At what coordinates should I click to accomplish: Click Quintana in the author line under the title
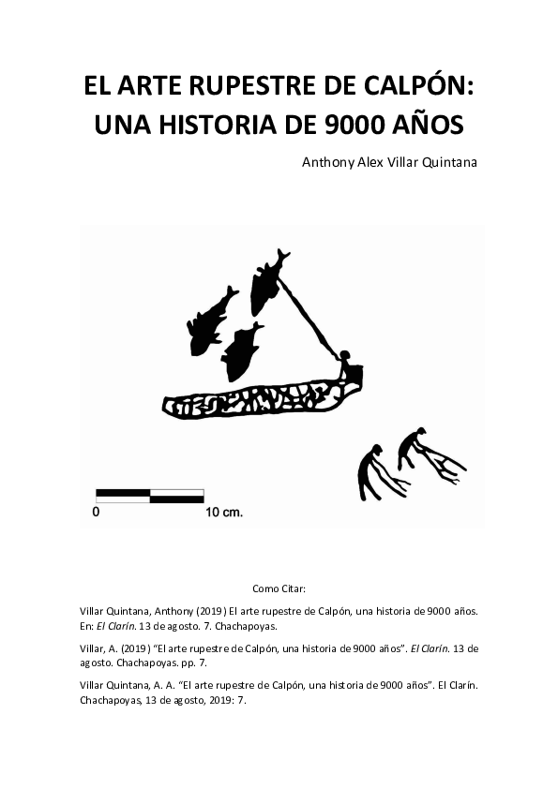[447, 162]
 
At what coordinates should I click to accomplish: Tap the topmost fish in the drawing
[266, 280]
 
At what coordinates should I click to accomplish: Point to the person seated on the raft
[348, 366]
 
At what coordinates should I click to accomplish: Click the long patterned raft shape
[253, 400]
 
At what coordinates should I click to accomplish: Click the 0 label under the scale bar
[97, 513]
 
